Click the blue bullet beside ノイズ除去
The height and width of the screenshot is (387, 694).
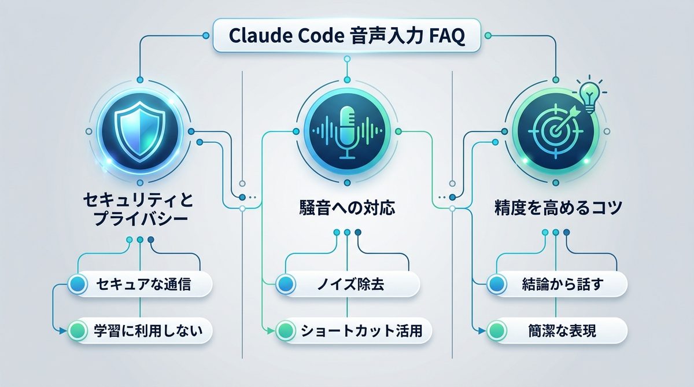(285, 284)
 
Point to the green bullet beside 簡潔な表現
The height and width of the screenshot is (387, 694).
(495, 331)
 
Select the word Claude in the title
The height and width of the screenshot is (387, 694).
(254, 37)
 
